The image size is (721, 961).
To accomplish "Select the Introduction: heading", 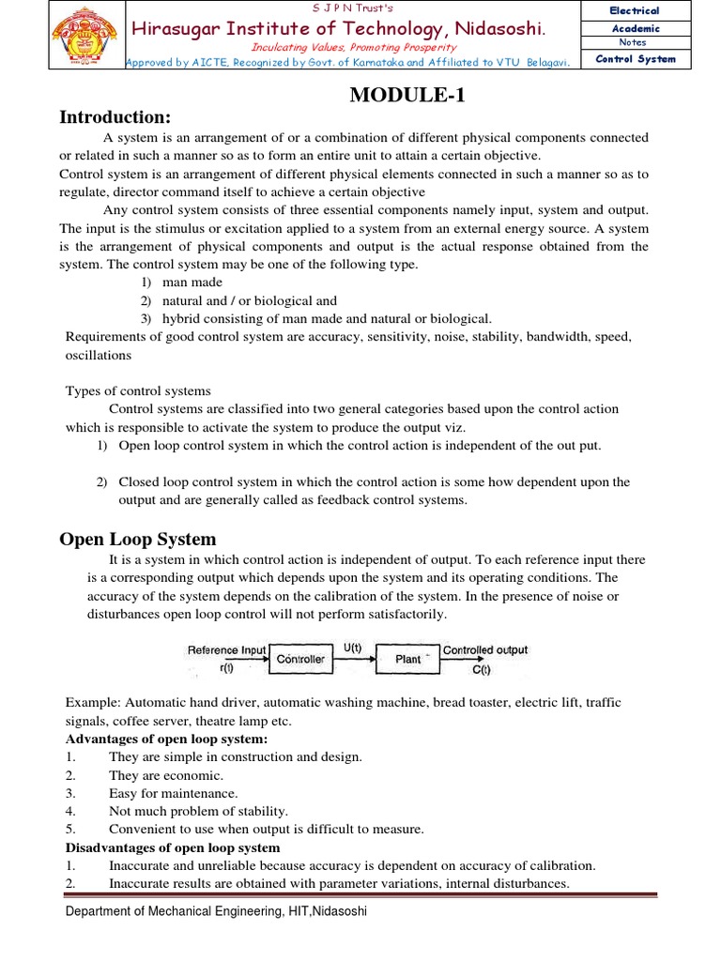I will tap(115, 117).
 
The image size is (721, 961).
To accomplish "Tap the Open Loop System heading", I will tap(138, 539).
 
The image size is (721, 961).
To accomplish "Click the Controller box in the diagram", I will tap(300, 659).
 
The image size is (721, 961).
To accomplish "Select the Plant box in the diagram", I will tap(408, 659).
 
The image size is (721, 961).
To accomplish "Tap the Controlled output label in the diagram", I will tap(484, 649).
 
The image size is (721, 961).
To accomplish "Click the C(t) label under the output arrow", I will tap(481, 670).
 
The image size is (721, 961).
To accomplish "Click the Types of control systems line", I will tap(138, 390).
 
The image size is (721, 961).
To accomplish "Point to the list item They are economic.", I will tap(166, 775).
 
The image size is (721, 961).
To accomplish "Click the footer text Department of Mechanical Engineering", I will tap(216, 911).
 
